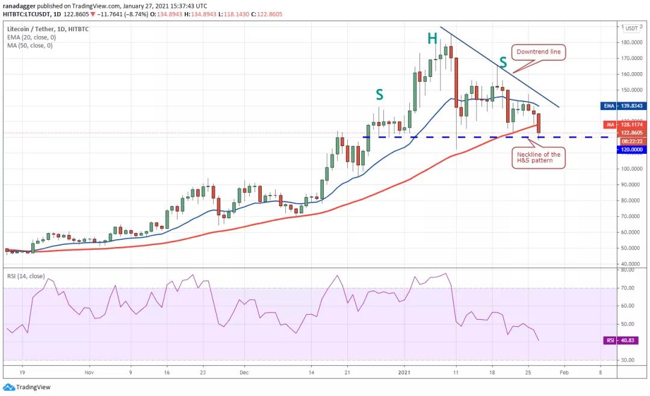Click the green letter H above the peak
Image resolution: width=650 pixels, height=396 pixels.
tap(432, 39)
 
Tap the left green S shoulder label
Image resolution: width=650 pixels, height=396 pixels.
tap(380, 94)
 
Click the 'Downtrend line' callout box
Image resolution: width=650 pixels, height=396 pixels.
tap(538, 52)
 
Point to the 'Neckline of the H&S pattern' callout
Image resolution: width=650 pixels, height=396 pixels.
tap(538, 158)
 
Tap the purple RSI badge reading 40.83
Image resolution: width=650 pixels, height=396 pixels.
tap(624, 340)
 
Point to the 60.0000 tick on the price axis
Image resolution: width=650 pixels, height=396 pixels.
tap(631, 232)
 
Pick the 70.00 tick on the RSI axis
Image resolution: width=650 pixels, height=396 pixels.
tap(629, 288)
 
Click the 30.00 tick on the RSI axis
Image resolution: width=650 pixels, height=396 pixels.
tap(629, 360)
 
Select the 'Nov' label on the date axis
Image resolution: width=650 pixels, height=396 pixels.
tap(88, 373)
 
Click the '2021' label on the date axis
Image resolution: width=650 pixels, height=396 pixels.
tap(405, 373)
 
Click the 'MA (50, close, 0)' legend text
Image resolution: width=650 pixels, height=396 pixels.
tap(30, 45)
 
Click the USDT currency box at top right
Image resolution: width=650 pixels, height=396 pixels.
tap(631, 28)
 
